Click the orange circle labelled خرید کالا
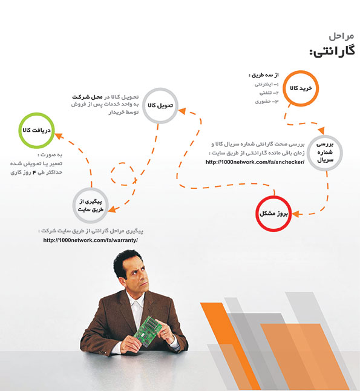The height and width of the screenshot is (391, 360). [301, 71]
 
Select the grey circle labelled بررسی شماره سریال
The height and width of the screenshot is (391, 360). [325, 136]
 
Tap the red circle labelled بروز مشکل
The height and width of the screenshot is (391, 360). [273, 197]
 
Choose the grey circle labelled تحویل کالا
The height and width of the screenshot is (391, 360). [160, 89]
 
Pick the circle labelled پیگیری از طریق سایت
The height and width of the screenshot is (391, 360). [91, 189]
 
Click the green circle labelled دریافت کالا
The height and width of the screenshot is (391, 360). [37, 114]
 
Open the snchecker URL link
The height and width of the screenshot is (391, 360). [255, 162]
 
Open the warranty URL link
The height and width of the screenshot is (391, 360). [91, 240]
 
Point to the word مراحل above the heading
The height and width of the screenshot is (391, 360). [341, 36]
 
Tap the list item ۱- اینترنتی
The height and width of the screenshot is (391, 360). [266, 85]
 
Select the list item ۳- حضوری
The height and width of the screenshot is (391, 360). [267, 102]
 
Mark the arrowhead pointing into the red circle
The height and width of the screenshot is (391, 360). [296, 214]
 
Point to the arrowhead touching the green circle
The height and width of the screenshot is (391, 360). [58, 136]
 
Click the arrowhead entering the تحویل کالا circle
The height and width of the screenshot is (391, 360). [182, 111]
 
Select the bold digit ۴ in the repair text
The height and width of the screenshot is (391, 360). [34, 172]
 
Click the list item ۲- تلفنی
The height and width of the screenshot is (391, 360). [269, 93]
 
